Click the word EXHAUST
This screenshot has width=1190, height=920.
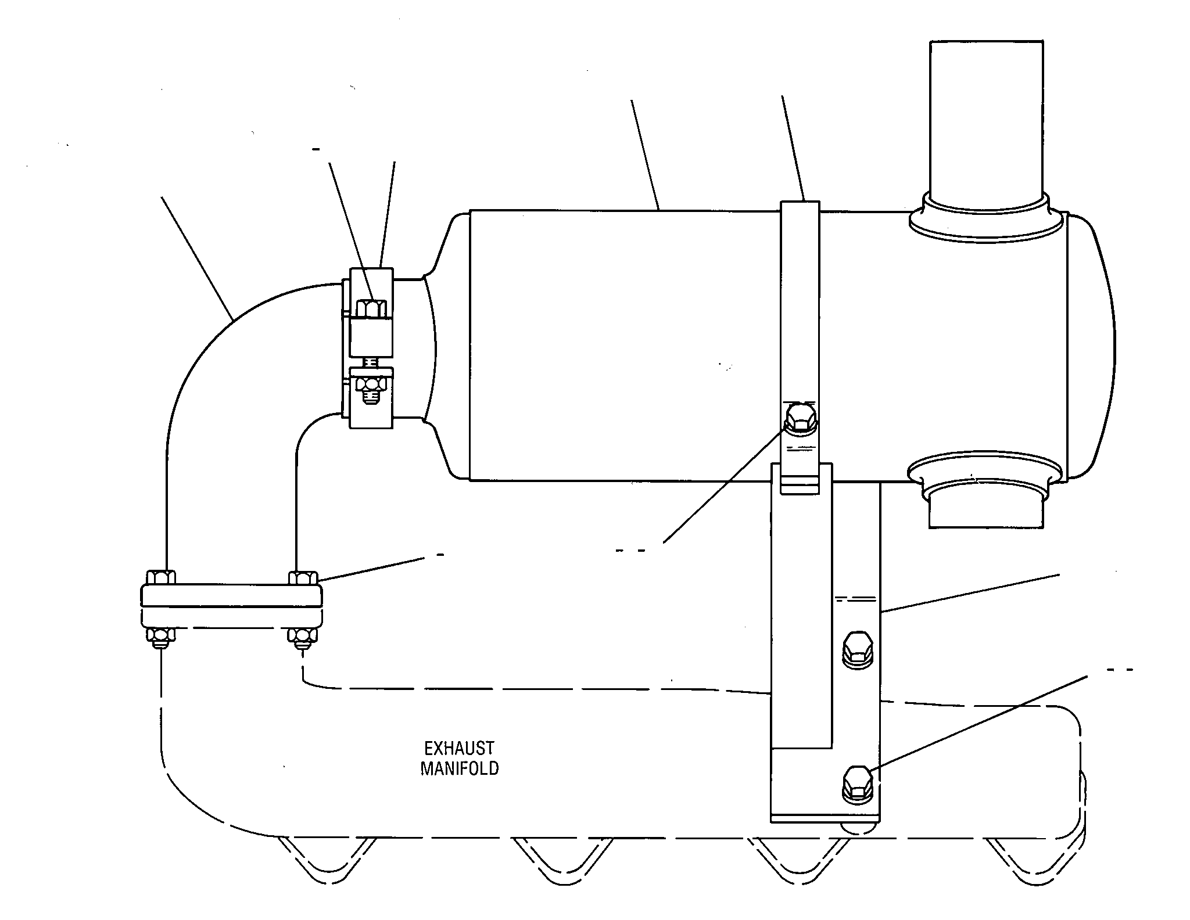click(x=459, y=747)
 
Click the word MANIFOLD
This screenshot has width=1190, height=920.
click(x=459, y=768)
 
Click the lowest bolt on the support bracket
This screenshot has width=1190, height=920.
click(x=858, y=784)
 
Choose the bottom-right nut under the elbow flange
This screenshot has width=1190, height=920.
click(x=303, y=638)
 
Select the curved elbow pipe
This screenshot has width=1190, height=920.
click(x=232, y=372)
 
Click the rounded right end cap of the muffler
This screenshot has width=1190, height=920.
click(x=1091, y=346)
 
